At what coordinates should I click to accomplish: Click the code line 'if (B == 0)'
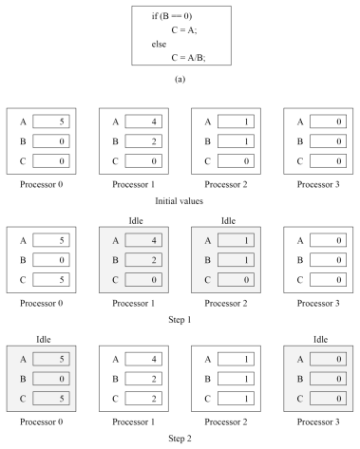(x=172, y=16)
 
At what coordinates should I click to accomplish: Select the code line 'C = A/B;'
(x=188, y=58)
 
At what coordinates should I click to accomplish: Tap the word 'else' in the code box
(x=159, y=44)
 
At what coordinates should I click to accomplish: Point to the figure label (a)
(x=180, y=79)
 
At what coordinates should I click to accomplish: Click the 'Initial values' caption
(x=179, y=201)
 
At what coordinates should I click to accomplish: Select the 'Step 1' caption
(x=180, y=320)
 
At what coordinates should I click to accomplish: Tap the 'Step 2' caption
(x=180, y=439)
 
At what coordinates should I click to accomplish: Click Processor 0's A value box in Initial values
(x=51, y=122)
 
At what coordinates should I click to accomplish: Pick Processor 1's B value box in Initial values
(x=143, y=141)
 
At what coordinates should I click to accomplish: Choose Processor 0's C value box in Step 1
(x=51, y=280)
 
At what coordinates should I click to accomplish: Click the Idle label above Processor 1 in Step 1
(x=136, y=220)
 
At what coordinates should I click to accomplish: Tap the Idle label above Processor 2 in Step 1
(x=228, y=220)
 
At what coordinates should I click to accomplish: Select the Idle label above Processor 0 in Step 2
(x=44, y=339)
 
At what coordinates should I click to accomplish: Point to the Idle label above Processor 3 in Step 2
(x=320, y=339)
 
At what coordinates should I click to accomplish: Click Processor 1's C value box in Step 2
(x=143, y=399)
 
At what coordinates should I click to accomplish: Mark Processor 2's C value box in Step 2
(x=236, y=399)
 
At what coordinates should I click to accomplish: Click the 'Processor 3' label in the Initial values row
(x=318, y=184)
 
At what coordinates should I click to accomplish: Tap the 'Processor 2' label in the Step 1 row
(x=226, y=303)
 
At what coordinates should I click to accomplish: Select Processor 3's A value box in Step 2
(x=328, y=359)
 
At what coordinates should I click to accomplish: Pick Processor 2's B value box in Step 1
(x=236, y=260)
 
